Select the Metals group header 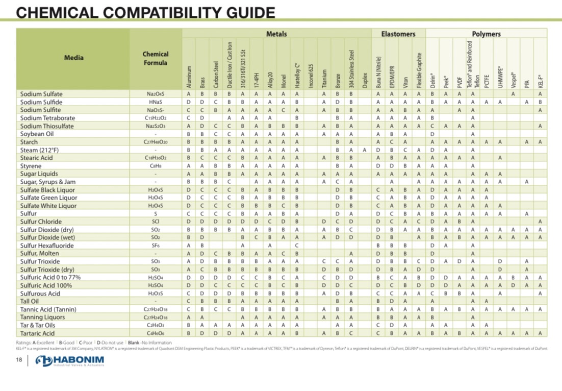[x=276, y=34]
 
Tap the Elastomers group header [x=398, y=34]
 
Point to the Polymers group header [x=486, y=34]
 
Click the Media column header [x=74, y=58]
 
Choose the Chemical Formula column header [x=156, y=58]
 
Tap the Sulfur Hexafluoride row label [x=48, y=246]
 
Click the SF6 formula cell [x=156, y=246]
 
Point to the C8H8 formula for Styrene [x=156, y=166]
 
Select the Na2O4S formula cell [x=156, y=94]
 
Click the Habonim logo [x=70, y=361]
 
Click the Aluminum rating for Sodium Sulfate [x=189, y=94]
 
